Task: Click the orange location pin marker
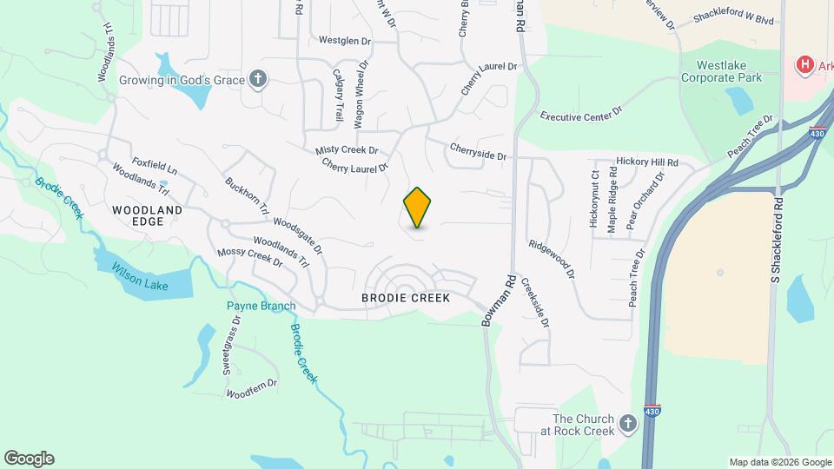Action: click(x=418, y=208)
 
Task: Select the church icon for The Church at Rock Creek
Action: click(x=627, y=425)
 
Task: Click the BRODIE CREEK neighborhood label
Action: click(x=406, y=298)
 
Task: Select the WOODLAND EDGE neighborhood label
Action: click(x=148, y=215)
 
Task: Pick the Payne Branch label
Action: click(x=261, y=306)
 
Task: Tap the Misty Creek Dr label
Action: click(x=347, y=150)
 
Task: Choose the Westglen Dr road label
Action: click(x=345, y=40)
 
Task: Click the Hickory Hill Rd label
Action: click(x=646, y=162)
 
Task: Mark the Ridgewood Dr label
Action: click(x=552, y=259)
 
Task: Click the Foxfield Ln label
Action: click(x=155, y=165)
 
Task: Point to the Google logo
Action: click(x=29, y=459)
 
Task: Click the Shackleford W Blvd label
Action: click(x=734, y=19)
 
